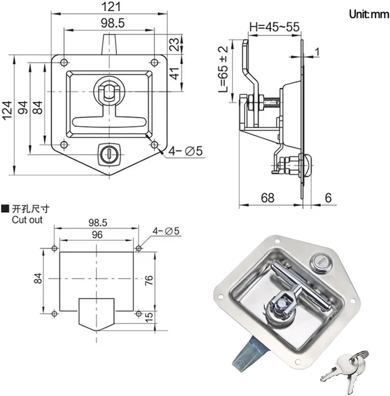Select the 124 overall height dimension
[x=8, y=111]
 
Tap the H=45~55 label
[x=274, y=27]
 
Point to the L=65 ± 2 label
[x=224, y=69]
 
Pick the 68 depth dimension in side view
[x=267, y=198]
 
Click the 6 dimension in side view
[x=328, y=198]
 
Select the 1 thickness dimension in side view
[x=317, y=52]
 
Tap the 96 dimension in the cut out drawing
[x=97, y=234]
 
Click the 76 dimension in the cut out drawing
[x=149, y=280]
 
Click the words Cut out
[x=27, y=220]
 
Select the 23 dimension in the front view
[x=175, y=44]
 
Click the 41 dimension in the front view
[x=175, y=73]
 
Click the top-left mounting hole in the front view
[x=64, y=62]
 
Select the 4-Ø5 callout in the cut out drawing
[x=166, y=231]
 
